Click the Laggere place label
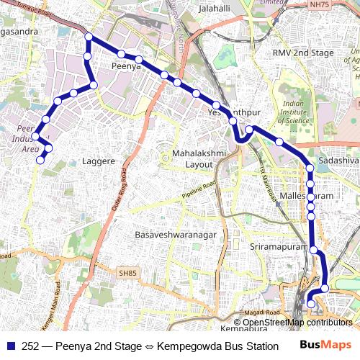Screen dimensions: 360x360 [99, 161]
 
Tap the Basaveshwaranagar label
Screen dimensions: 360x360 [173, 235]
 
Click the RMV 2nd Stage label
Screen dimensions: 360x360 [303, 53]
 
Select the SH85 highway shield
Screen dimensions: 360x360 [128, 273]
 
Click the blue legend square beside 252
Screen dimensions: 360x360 [10, 345]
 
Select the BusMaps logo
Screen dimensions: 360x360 [325, 345]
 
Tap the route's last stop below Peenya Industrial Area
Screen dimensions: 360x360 [40, 160]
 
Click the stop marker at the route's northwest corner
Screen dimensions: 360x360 [89, 37]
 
